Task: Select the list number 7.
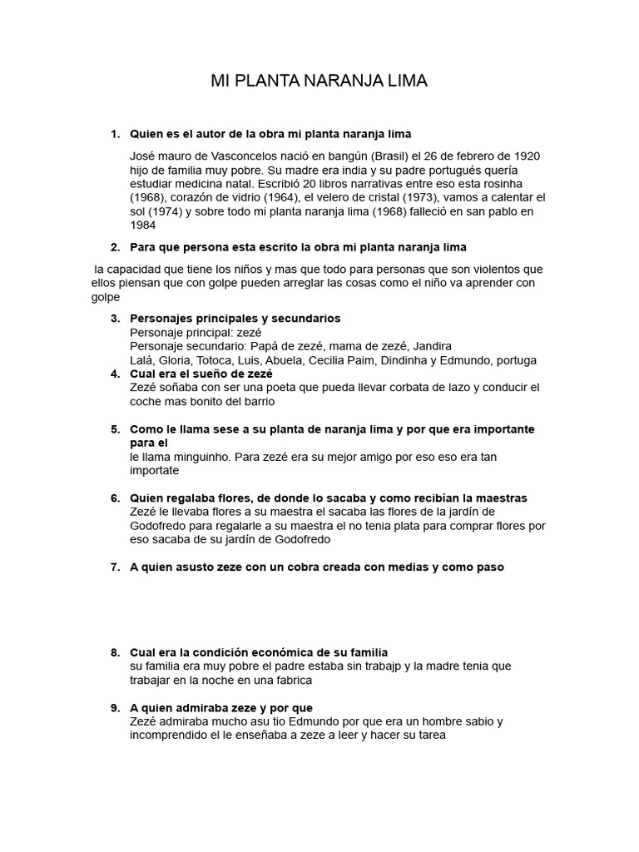pos(115,567)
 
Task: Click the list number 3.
pos(115,319)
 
